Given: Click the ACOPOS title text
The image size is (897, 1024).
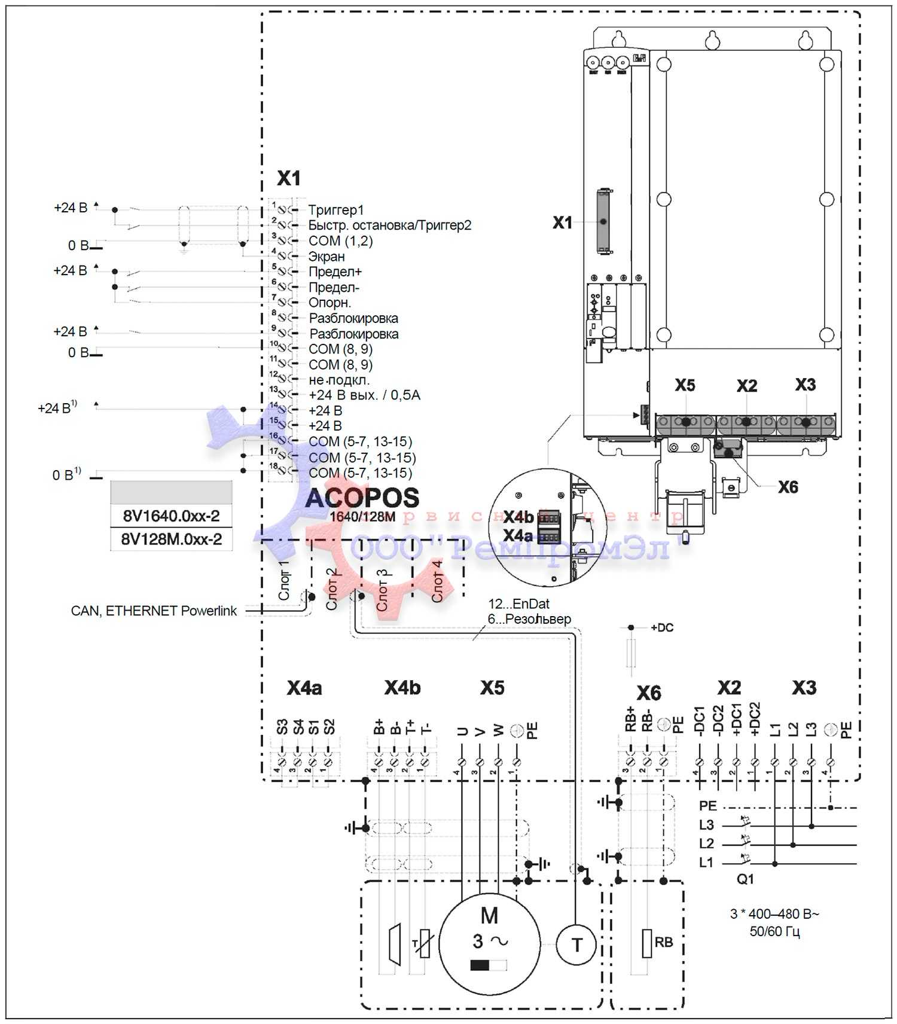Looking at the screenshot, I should click(362, 498).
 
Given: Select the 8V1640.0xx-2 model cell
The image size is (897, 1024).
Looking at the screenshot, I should click(171, 516).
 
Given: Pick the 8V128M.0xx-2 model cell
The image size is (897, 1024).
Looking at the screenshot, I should click(171, 539).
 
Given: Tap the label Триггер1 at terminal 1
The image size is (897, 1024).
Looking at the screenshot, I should click(336, 210).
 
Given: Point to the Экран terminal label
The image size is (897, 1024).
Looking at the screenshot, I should click(327, 257).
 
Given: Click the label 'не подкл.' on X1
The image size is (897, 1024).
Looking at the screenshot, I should click(339, 380).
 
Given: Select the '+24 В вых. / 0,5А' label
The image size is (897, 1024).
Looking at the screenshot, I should click(364, 395).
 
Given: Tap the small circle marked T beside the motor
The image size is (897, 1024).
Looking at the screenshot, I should click(576, 944).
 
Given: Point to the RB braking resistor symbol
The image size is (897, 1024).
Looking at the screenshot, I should click(647, 943).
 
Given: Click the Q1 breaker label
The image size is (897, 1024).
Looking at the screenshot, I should click(745, 879).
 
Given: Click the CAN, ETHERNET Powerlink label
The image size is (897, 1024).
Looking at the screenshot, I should click(154, 611).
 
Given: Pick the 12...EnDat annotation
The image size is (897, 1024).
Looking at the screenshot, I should click(519, 604).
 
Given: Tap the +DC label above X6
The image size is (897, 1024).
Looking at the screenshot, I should click(662, 627).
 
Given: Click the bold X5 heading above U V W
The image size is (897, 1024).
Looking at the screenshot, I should click(492, 688).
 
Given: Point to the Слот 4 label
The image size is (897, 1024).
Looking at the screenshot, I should click(437, 581).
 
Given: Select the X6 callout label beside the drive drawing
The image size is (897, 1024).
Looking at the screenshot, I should click(788, 487).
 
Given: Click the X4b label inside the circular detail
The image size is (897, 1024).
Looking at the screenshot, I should click(518, 517).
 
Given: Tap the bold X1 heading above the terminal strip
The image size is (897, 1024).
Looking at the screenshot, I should click(289, 178).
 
